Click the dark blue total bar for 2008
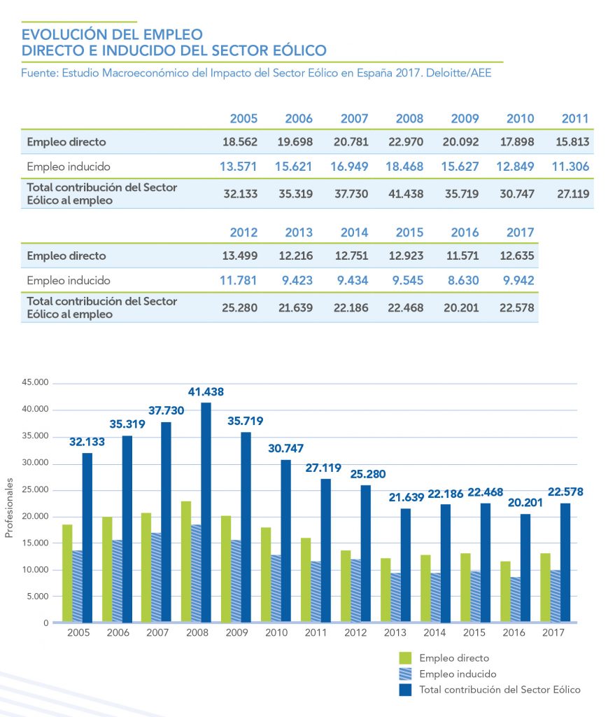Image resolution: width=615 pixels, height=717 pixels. pyautogui.click(x=206, y=512)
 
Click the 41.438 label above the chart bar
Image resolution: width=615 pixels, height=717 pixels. pyautogui.click(x=206, y=391)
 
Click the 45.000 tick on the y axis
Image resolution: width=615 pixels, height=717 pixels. pyautogui.click(x=36, y=383)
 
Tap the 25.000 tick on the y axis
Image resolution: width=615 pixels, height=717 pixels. pyautogui.click(x=36, y=490)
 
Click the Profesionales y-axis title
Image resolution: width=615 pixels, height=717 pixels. pyautogui.click(x=9, y=509)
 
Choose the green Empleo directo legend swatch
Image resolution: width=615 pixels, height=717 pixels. pyautogui.click(x=405, y=658)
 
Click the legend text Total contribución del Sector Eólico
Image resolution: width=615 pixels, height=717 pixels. pyautogui.click(x=500, y=690)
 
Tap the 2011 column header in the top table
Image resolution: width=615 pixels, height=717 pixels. pyautogui.click(x=574, y=118)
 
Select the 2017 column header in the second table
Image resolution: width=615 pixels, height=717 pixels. pyautogui.click(x=519, y=232)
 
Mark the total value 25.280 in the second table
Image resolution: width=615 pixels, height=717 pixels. pyautogui.click(x=240, y=308)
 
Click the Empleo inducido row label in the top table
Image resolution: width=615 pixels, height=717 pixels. pyautogui.click(x=69, y=167)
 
